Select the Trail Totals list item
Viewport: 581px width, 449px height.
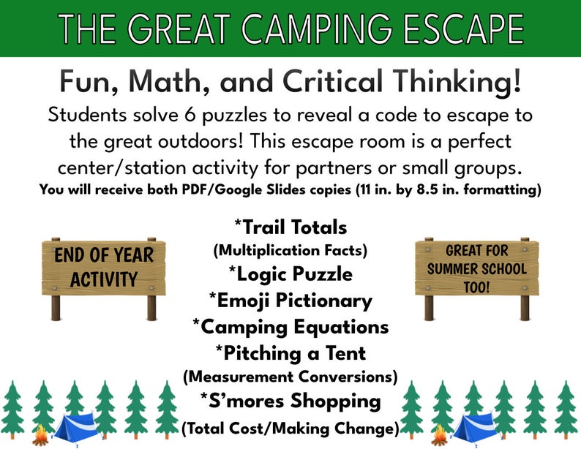coord(290,227)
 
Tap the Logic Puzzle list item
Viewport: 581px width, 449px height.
coord(290,274)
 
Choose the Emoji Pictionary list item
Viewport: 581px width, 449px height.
coord(290,300)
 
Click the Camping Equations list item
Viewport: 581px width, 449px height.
coord(290,326)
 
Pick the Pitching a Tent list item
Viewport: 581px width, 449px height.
coord(290,352)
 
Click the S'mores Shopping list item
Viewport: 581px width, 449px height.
coord(290,401)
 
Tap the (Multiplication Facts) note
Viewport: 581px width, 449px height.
coord(290,250)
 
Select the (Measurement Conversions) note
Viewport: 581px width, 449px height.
coord(290,377)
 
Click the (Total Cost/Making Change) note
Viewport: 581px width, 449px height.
coord(290,426)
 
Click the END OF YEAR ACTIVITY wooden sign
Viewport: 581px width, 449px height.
coord(103,268)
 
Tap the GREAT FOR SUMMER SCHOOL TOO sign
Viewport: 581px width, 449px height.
coord(476,268)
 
